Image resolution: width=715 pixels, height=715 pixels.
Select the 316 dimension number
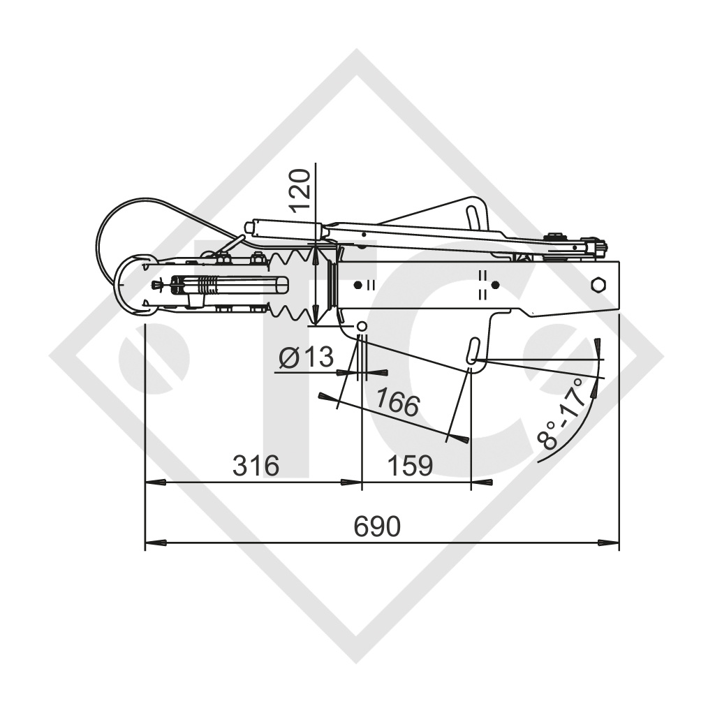pos(256,466)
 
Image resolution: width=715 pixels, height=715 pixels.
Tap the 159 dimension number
pos(410,466)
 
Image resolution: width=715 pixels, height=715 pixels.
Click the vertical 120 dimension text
pos(300,190)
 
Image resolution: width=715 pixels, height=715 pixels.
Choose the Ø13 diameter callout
pos(306,358)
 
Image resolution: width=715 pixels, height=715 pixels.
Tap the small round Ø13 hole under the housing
pos(361,327)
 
